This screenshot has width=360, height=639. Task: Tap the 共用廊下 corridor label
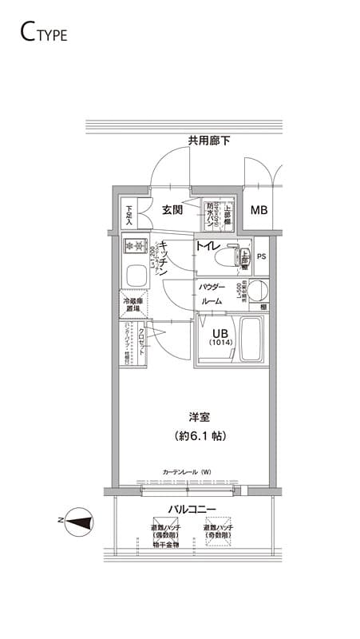[x=209, y=141]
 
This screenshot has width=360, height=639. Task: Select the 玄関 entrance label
[x=173, y=210]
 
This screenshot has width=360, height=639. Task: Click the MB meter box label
[x=259, y=211]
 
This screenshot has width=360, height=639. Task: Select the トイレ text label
[x=209, y=247]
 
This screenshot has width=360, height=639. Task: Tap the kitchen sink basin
[x=135, y=277]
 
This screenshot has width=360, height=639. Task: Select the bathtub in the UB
[x=252, y=340]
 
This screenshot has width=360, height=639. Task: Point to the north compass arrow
[x=81, y=524]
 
